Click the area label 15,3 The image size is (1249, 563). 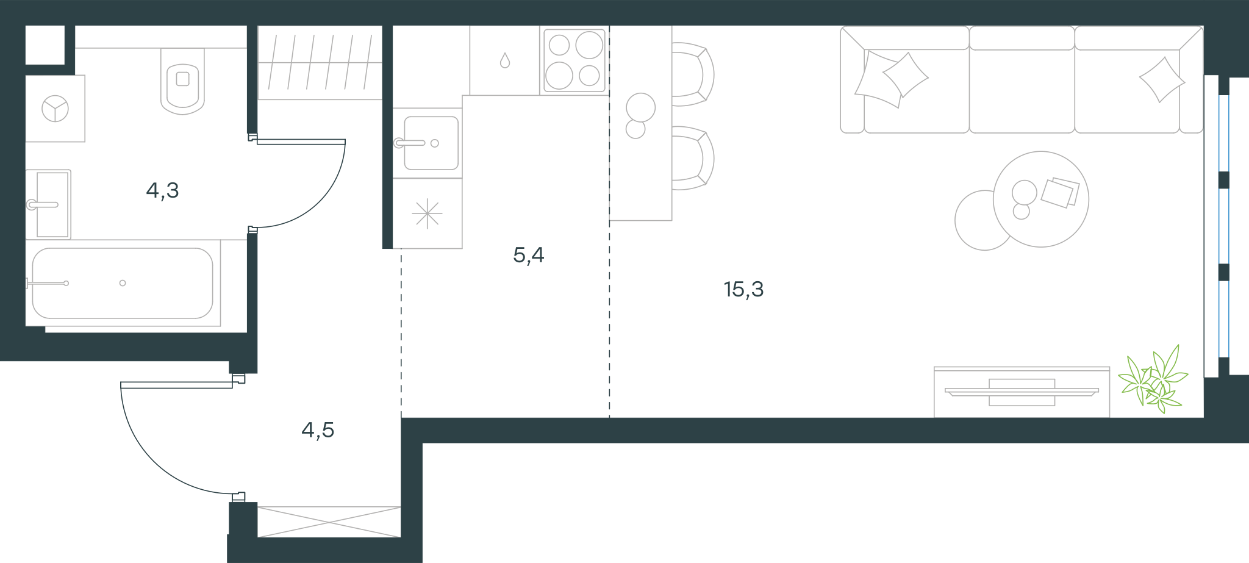pyautogui.click(x=743, y=289)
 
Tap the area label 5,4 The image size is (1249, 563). pyautogui.click(x=529, y=255)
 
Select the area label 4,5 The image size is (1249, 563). pyautogui.click(x=318, y=431)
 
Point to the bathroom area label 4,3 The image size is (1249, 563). pyautogui.click(x=162, y=191)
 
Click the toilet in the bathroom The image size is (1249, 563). pyautogui.click(x=182, y=81)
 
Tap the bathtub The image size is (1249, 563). pyautogui.click(x=123, y=283)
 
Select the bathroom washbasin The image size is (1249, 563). pyautogui.click(x=48, y=204)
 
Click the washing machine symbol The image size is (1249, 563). pyautogui.click(x=55, y=109)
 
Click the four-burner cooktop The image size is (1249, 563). pyautogui.click(x=574, y=60)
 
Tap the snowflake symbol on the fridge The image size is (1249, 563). pyautogui.click(x=427, y=213)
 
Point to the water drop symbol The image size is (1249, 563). pyautogui.click(x=504, y=60)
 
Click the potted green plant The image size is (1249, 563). pyautogui.click(x=1153, y=379)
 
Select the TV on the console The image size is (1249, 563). pyautogui.click(x=1022, y=392)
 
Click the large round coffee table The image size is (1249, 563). pyautogui.click(x=1041, y=199)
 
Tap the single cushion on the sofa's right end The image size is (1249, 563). pyautogui.click(x=1162, y=80)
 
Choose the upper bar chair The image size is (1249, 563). pyautogui.click(x=693, y=74)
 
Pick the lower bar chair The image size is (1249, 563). pyautogui.click(x=693, y=158)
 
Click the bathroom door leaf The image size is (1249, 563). pyautogui.click(x=301, y=142)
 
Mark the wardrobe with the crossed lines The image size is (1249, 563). pyautogui.click(x=329, y=522)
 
